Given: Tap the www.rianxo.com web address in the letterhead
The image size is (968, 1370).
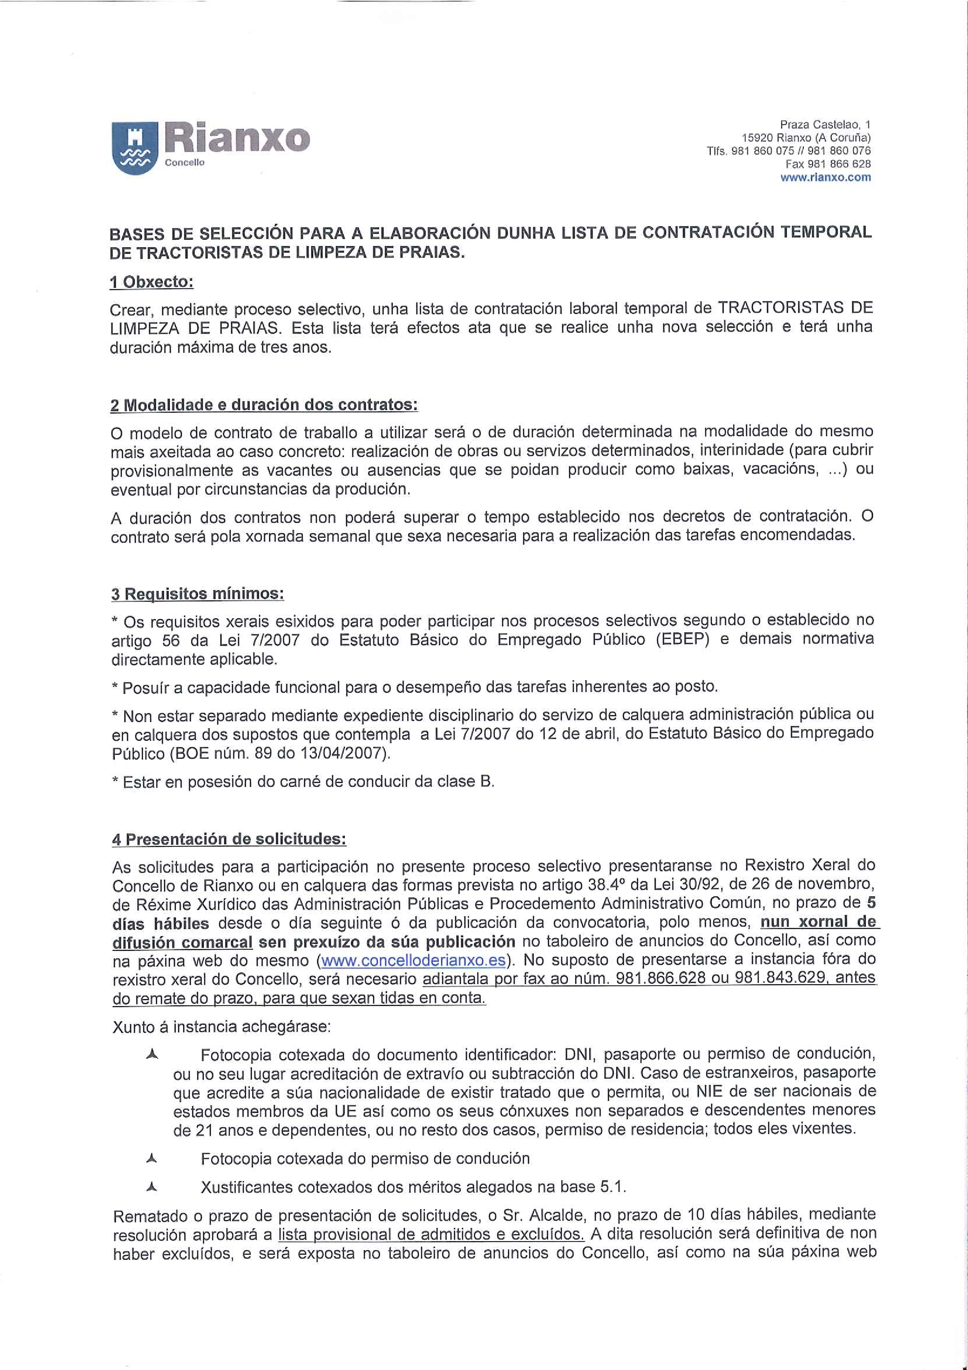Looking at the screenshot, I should (x=825, y=177).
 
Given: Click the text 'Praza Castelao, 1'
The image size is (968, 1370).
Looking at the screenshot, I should (x=825, y=125).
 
